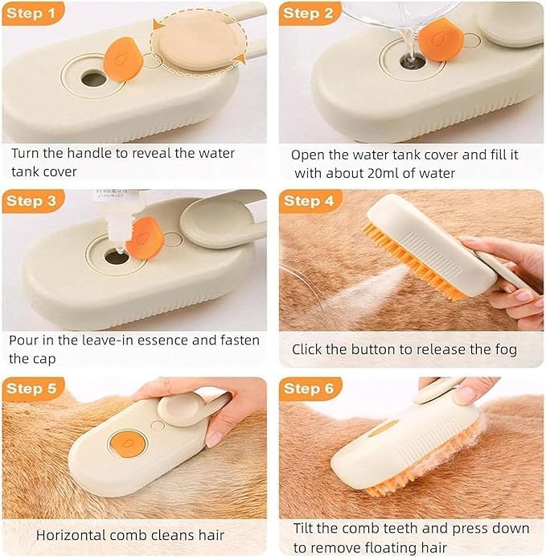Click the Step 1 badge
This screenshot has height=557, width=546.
click(x=33, y=14)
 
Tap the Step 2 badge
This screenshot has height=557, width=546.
click(x=310, y=14)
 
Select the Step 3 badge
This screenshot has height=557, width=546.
click(x=33, y=201)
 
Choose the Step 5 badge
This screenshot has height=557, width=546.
click(x=33, y=389)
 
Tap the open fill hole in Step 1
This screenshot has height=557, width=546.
click(x=93, y=79)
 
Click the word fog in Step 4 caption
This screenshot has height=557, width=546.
click(x=506, y=350)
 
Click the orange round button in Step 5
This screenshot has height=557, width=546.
click(x=127, y=444)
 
